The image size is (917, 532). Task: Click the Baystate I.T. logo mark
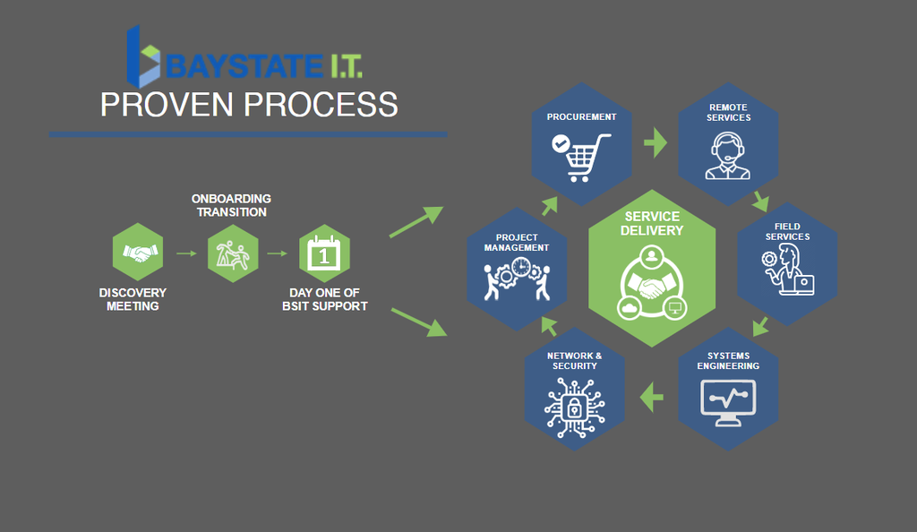[143, 55]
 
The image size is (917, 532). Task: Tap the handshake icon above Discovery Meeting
[139, 253]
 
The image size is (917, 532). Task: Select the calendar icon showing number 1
[323, 253]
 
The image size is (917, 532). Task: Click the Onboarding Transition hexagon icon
[232, 253]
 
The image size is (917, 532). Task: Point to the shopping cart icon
[581, 155]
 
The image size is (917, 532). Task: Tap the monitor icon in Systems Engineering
[727, 402]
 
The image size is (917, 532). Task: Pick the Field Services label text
[786, 231]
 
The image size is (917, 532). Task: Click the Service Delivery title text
[652, 223]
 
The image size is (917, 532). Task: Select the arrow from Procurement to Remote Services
[656, 142]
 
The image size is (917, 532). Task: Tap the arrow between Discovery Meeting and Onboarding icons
[187, 253]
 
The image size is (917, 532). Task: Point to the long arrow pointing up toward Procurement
[416, 221]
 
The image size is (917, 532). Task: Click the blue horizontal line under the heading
[248, 134]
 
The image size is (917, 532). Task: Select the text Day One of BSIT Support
[329, 299]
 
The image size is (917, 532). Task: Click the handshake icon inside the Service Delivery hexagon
[652, 287]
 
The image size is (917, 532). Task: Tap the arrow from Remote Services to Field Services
[760, 199]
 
